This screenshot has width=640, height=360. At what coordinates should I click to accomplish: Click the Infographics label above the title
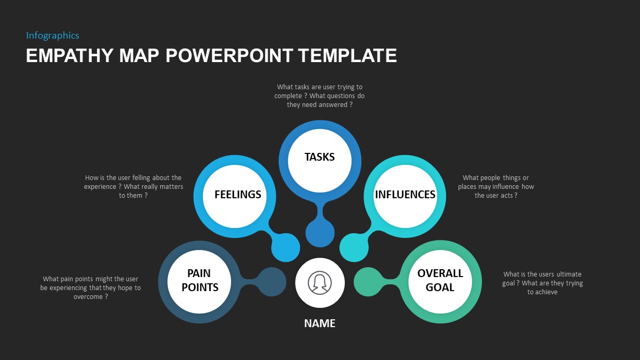(53, 35)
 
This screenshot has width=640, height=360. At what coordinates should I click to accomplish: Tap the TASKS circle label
(319, 157)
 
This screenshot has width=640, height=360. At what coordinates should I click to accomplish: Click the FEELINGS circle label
(237, 195)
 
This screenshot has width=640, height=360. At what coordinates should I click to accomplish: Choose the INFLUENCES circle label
(405, 195)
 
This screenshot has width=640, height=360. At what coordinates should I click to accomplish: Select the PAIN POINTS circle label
(200, 280)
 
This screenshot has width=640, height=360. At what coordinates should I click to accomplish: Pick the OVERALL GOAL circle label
(440, 280)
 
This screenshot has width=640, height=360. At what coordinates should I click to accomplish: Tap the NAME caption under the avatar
(320, 323)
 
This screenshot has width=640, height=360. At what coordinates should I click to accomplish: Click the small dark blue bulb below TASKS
(320, 233)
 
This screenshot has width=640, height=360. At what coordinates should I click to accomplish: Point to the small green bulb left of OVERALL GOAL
(368, 282)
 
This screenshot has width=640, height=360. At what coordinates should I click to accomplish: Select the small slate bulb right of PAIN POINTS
(272, 282)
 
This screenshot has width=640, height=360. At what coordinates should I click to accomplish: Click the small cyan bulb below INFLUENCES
(354, 247)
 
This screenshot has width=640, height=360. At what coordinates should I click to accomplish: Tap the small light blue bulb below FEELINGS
(286, 247)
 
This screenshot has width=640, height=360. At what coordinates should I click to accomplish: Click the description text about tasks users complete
(319, 96)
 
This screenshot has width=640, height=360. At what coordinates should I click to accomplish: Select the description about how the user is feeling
(134, 187)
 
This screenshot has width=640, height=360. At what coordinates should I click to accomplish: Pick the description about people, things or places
(496, 187)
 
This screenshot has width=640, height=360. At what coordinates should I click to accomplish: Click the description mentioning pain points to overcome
(91, 287)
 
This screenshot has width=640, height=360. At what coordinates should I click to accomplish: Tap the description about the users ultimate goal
(542, 283)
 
